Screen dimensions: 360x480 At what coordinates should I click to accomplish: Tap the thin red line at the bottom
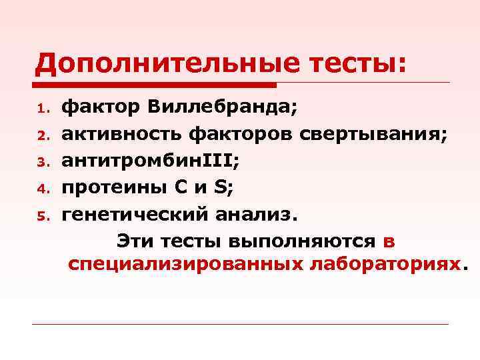(x=240, y=325)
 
